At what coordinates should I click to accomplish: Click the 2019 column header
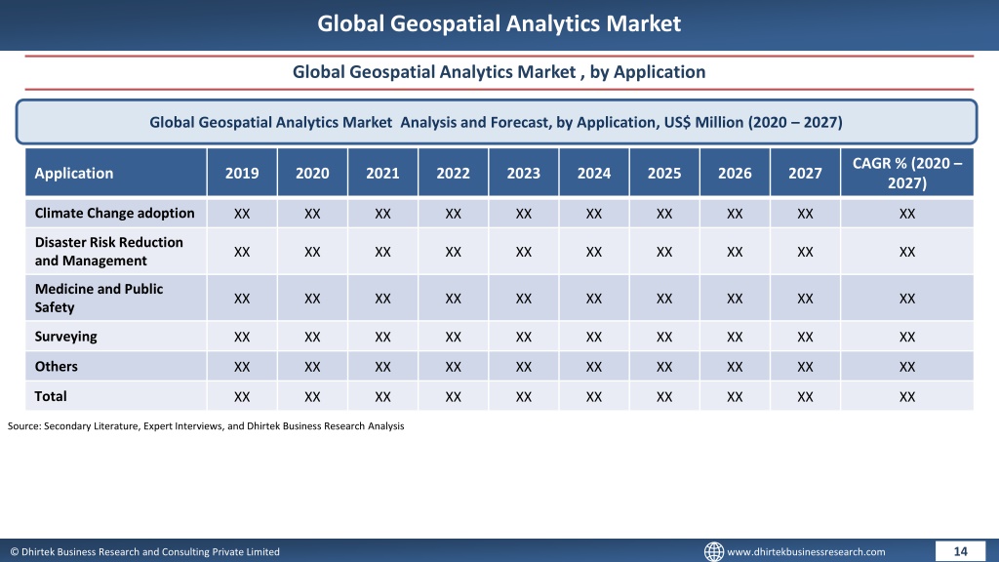pos(242,174)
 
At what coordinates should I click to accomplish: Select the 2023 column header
pos(524,174)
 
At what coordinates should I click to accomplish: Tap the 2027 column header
pos(805,174)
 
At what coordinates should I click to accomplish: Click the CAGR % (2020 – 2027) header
pos(907,173)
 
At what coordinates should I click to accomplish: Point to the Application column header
pos(74,174)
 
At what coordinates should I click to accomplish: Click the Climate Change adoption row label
pos(115,214)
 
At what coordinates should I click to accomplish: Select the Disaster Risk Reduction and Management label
pos(109,251)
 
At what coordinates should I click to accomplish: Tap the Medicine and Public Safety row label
pos(99,298)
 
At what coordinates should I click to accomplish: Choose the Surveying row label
pos(65,337)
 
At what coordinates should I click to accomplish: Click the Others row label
pos(56,367)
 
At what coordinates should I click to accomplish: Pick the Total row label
pos(51,396)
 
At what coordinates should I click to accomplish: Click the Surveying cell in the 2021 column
pos(382,337)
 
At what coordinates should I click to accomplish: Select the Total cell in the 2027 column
pos(805,397)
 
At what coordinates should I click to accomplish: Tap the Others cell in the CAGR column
pos(907,367)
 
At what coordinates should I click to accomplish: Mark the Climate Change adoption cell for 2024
pos(594,214)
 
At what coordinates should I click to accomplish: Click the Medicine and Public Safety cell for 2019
pos(242,299)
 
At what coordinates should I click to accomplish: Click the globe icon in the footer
pos(713,551)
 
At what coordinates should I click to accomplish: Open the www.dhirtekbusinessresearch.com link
pos(806,552)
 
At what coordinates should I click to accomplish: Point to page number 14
pos(960,551)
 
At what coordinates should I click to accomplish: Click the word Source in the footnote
pos(24,425)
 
